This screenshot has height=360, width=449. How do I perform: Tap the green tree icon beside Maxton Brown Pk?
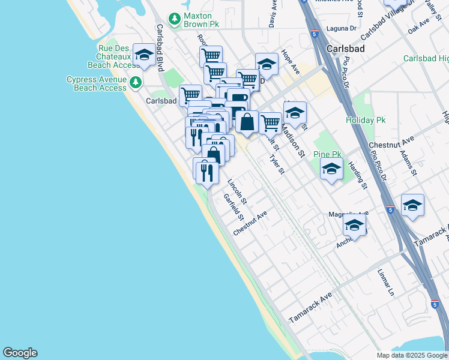(175, 20)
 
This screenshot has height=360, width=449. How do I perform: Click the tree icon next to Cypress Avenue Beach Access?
(136, 82)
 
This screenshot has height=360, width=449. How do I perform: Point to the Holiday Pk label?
(366, 120)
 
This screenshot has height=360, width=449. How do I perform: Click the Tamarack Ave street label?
(310, 307)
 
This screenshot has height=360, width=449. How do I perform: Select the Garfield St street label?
(233, 206)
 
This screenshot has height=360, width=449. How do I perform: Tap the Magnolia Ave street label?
(348, 214)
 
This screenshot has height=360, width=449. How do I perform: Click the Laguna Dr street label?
(342, 28)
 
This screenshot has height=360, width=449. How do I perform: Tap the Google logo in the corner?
(20, 353)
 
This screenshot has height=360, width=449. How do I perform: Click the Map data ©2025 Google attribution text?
(411, 355)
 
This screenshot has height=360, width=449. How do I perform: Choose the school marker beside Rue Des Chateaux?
(143, 55)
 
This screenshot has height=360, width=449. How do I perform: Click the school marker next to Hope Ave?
(267, 64)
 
